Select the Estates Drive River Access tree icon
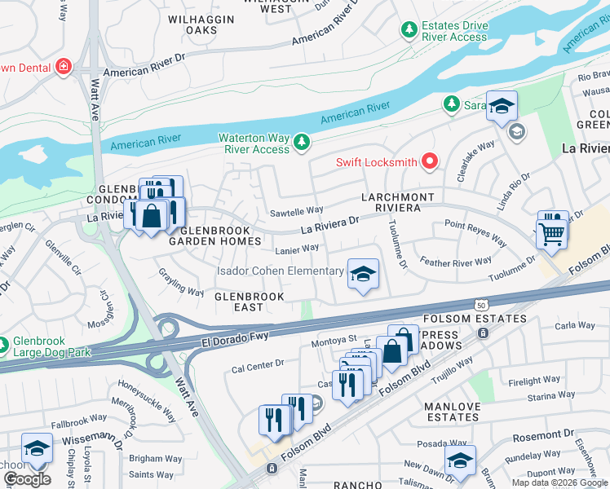409,30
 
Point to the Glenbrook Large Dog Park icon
5,346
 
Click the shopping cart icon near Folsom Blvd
552,231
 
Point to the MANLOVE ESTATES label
452,412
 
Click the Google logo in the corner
27,479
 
